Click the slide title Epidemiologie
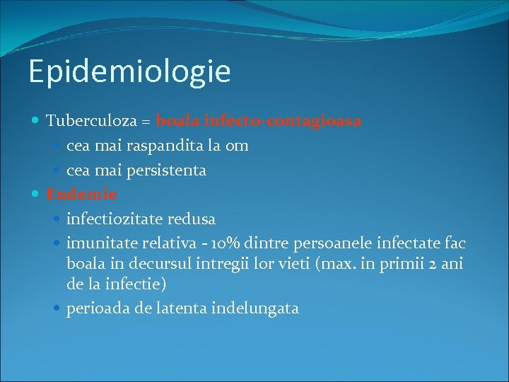(x=129, y=72)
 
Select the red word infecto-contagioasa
(x=283, y=121)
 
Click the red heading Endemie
(x=81, y=194)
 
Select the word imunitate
(x=101, y=244)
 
